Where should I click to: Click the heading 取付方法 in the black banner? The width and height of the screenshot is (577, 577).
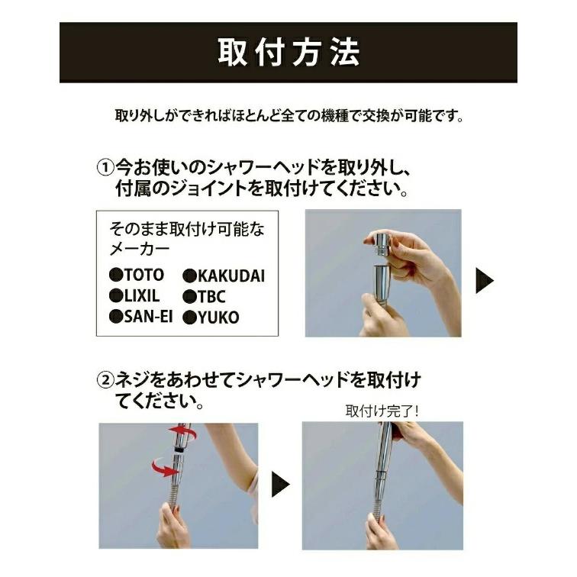point(288,53)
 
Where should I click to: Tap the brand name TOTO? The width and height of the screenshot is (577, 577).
point(143,274)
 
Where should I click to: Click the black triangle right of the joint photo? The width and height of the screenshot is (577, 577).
point(484,281)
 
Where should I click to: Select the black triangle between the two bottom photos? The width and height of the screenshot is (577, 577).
point(281,484)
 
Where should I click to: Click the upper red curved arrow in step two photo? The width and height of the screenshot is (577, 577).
point(183,434)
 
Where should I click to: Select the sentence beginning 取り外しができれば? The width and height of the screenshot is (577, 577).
point(288,118)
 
